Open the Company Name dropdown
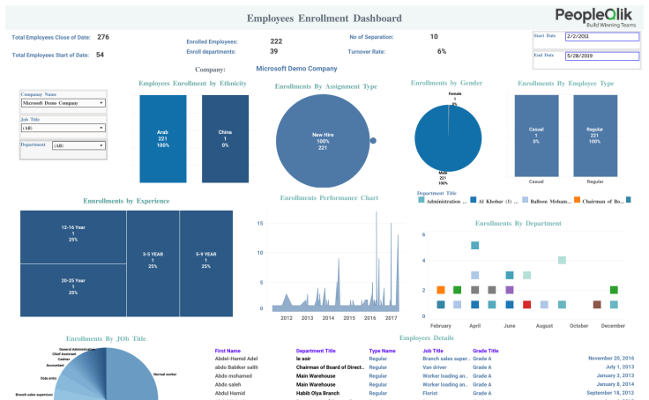(x=63, y=103)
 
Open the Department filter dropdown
(x=78, y=145)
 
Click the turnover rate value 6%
(x=442, y=52)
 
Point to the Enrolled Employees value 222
(x=276, y=41)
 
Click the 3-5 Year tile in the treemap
(x=153, y=260)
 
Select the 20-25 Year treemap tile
(x=73, y=286)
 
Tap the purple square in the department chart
(x=510, y=289)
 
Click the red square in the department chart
(x=527, y=305)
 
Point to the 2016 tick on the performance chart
(x=370, y=318)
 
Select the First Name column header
(x=228, y=351)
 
